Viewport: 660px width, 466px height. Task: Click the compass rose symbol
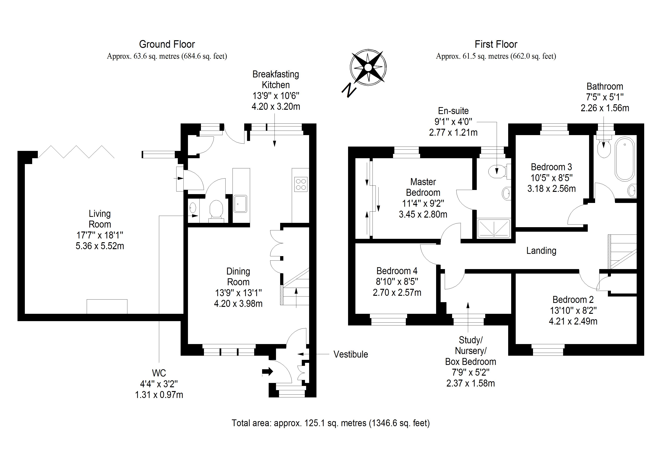tap(368, 67)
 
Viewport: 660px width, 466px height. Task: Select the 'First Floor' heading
tap(496, 44)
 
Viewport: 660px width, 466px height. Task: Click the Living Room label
tap(100, 219)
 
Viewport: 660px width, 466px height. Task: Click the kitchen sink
tap(240, 203)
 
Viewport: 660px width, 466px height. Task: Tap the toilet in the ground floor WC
tap(216, 209)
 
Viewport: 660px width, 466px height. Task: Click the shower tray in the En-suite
tap(493, 228)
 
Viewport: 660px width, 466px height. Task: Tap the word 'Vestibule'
tap(350, 354)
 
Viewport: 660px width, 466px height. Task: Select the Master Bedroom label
tap(423, 187)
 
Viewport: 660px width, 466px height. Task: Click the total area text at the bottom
tap(331, 423)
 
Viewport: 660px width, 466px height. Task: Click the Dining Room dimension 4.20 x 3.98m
tap(238, 303)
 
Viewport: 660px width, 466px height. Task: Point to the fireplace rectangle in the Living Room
tap(107, 306)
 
